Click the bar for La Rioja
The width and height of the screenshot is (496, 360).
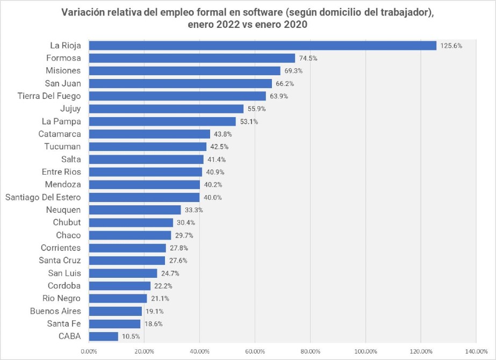(x=262, y=46)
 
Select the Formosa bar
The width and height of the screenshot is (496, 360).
(x=192, y=58)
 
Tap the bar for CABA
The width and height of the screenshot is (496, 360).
(x=103, y=336)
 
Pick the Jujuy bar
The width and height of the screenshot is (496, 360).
(x=166, y=109)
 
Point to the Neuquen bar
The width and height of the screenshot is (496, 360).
(x=135, y=210)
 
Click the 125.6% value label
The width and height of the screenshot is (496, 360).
(x=451, y=46)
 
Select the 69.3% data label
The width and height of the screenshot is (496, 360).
(x=294, y=71)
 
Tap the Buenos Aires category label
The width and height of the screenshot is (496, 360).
(x=55, y=311)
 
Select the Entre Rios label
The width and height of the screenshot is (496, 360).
(x=61, y=172)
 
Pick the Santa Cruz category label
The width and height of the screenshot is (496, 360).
(x=60, y=261)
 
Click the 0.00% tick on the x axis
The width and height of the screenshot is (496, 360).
(x=89, y=351)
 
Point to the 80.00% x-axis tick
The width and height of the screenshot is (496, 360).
(x=310, y=351)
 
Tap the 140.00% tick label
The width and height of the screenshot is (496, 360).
(x=476, y=351)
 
